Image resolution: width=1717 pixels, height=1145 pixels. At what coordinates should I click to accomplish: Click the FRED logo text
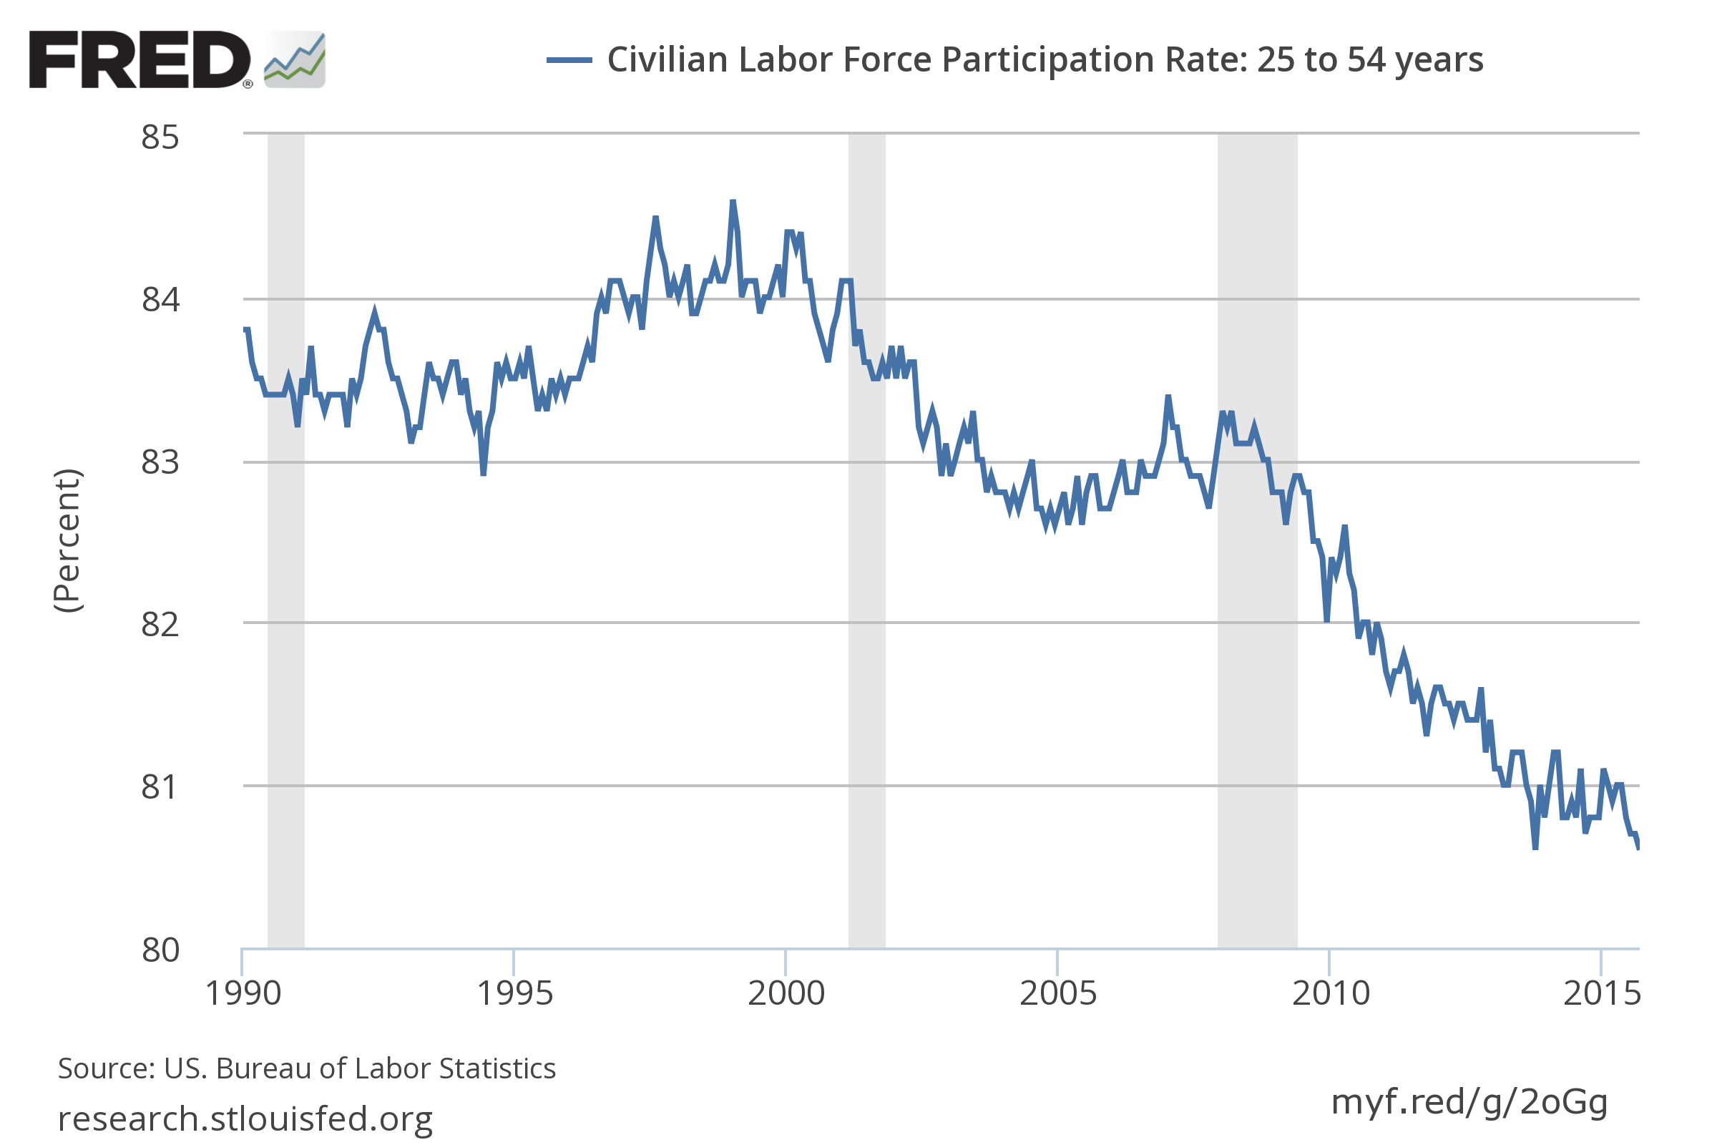(139, 60)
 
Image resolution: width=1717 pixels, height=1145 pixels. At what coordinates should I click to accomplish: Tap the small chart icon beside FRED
(294, 60)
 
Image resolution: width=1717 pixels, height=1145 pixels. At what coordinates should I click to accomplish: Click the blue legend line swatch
(569, 60)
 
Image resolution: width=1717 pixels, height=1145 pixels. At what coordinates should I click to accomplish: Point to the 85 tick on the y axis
(160, 137)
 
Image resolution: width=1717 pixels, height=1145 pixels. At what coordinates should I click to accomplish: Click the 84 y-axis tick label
(160, 299)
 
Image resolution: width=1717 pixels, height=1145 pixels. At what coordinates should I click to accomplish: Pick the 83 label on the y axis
(160, 462)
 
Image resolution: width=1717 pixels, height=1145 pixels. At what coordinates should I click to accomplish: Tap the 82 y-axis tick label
(160, 624)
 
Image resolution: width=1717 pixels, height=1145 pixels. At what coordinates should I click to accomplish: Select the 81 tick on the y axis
(160, 787)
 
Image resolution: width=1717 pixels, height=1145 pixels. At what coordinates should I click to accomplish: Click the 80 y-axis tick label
(160, 950)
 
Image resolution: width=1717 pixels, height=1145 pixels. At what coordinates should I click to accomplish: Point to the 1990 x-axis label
(243, 994)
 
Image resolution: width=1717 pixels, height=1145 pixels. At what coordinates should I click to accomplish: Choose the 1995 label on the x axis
(514, 994)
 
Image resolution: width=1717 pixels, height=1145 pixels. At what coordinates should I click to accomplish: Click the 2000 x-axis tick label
(786, 994)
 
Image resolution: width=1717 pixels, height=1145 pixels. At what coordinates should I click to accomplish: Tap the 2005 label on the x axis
(1058, 994)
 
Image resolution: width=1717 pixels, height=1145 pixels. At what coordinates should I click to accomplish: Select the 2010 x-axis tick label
(1331, 994)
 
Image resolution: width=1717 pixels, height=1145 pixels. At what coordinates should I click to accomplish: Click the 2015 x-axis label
(1602, 994)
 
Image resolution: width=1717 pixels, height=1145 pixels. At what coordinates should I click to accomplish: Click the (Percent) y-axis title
(68, 541)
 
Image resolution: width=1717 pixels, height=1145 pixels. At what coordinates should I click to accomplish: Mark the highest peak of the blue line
(732, 202)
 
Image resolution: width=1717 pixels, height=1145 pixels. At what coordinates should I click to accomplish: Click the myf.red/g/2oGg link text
(1469, 1101)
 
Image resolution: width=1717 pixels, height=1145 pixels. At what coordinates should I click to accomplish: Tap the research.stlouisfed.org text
(245, 1118)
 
